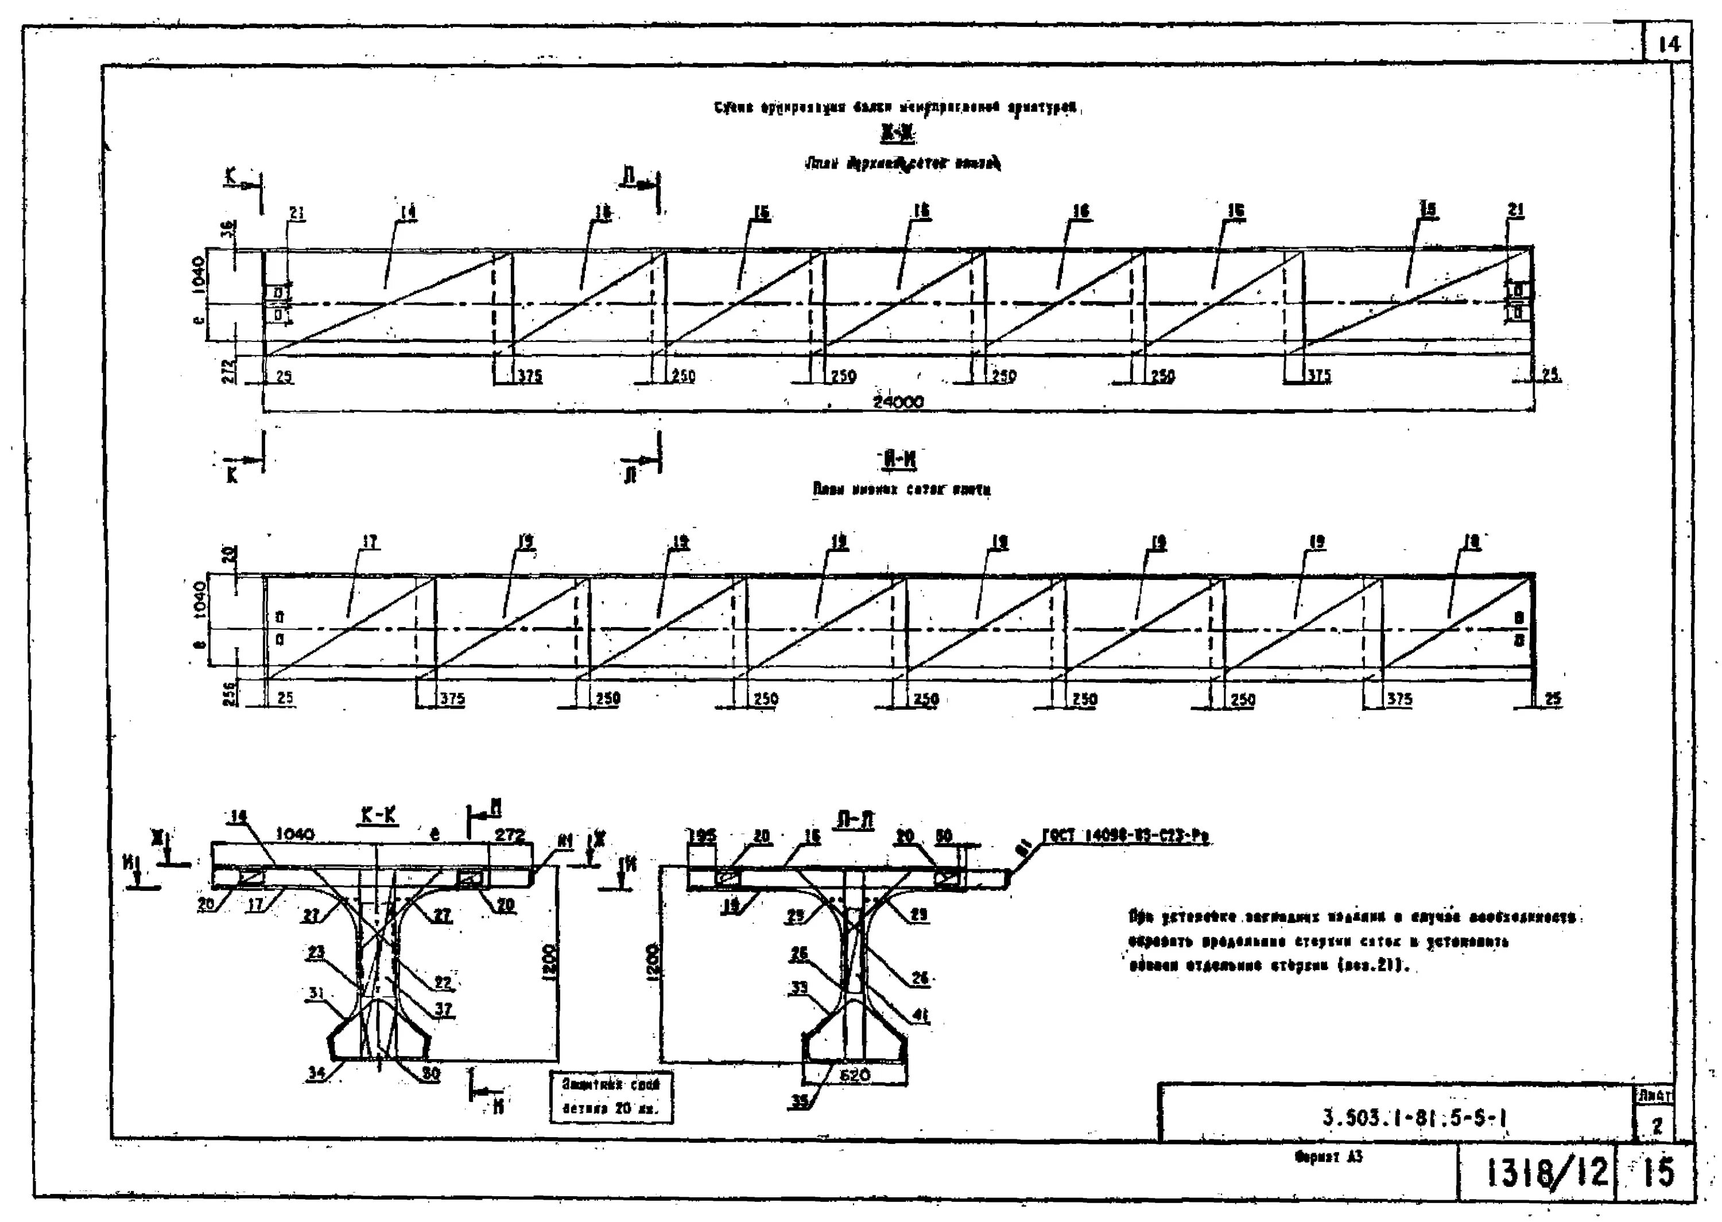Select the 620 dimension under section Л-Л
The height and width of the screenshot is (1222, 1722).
[854, 1075]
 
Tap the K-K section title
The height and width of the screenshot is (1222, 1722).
[379, 816]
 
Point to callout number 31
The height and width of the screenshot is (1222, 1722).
[317, 993]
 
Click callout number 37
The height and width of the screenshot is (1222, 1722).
[444, 1009]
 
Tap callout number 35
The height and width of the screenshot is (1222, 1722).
[799, 1102]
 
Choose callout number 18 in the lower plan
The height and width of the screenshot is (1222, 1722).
[1471, 542]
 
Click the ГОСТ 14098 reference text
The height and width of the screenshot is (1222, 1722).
[1125, 836]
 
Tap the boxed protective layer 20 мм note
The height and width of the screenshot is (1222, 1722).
[610, 1097]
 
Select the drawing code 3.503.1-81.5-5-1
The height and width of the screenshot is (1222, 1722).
[1414, 1119]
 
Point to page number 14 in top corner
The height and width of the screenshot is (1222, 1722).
[1669, 45]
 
